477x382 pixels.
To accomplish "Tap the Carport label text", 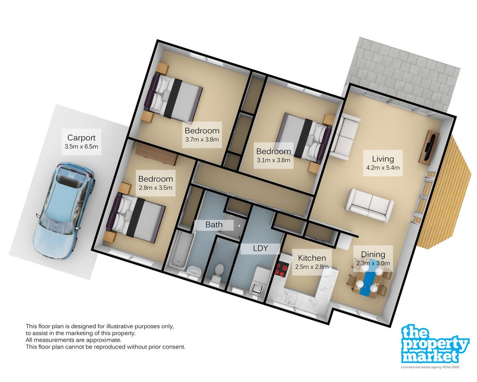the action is [81, 138].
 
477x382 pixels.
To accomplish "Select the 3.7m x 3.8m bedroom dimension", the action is [202, 140].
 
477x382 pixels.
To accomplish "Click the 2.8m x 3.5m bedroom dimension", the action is [156, 187].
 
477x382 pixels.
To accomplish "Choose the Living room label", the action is [383, 159].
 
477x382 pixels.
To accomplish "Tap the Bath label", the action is [214, 225].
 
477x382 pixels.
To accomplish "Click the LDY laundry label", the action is [260, 248].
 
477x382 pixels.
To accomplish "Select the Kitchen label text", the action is [312, 258].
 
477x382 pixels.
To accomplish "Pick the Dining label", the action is [373, 255].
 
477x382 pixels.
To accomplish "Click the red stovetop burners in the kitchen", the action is [281, 269].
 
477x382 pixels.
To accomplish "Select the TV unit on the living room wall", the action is [429, 147].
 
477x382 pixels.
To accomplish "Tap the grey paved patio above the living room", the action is [402, 73].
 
